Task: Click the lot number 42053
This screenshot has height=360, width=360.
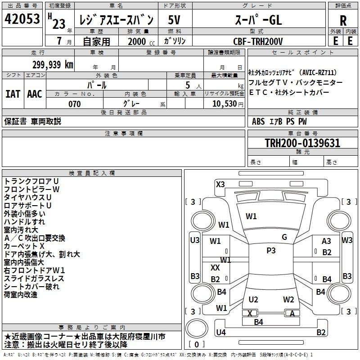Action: click(22, 19)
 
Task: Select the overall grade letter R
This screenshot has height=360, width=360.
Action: click(343, 21)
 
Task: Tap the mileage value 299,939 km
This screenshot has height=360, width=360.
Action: click(53, 65)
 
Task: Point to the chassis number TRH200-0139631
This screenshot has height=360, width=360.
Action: click(302, 143)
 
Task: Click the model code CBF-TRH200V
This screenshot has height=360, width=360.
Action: click(258, 41)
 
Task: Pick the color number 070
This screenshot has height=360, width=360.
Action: click(75, 104)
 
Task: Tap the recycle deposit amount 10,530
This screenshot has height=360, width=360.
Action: click(225, 104)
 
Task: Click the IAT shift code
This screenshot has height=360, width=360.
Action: click(13, 94)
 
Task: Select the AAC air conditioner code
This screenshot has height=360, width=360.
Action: click(35, 94)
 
